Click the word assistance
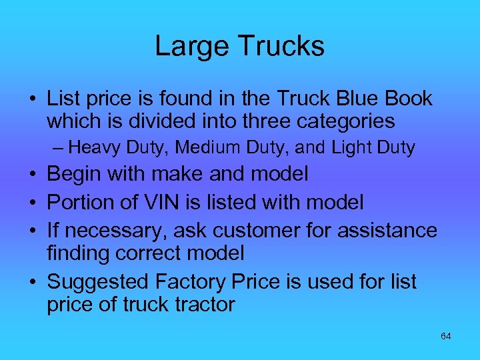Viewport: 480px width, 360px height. pyautogui.click(x=389, y=231)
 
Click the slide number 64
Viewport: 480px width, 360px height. pyautogui.click(x=445, y=337)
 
